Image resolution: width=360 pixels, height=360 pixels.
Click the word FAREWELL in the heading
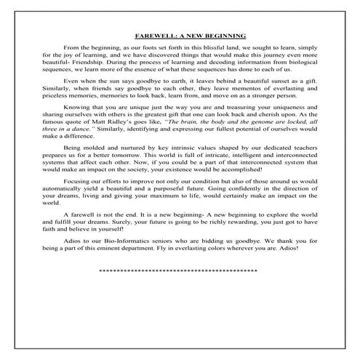(x=153, y=34)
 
